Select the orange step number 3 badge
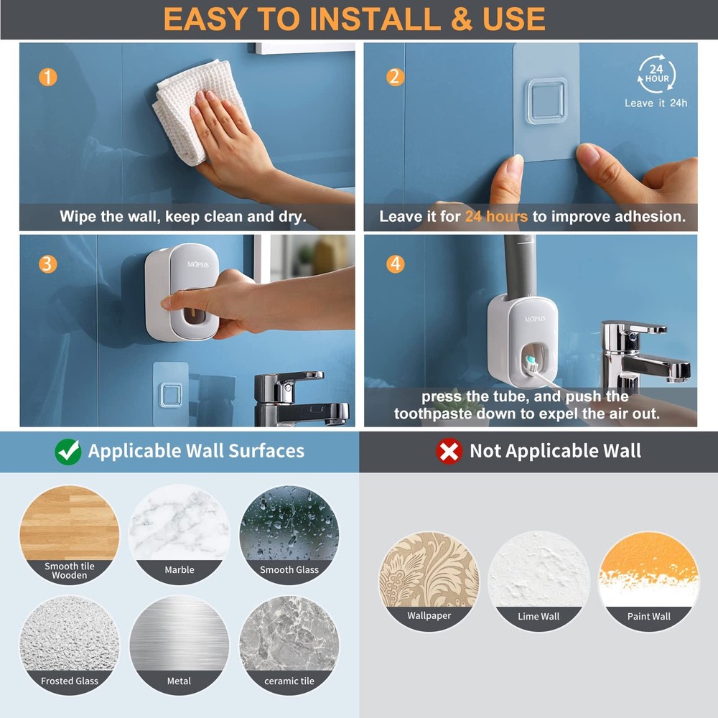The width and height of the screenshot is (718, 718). [47, 264]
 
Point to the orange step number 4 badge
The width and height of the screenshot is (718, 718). [395, 264]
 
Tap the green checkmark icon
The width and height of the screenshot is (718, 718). [68, 451]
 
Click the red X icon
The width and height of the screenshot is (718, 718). [449, 451]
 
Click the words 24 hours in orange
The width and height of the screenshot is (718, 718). [496, 216]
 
